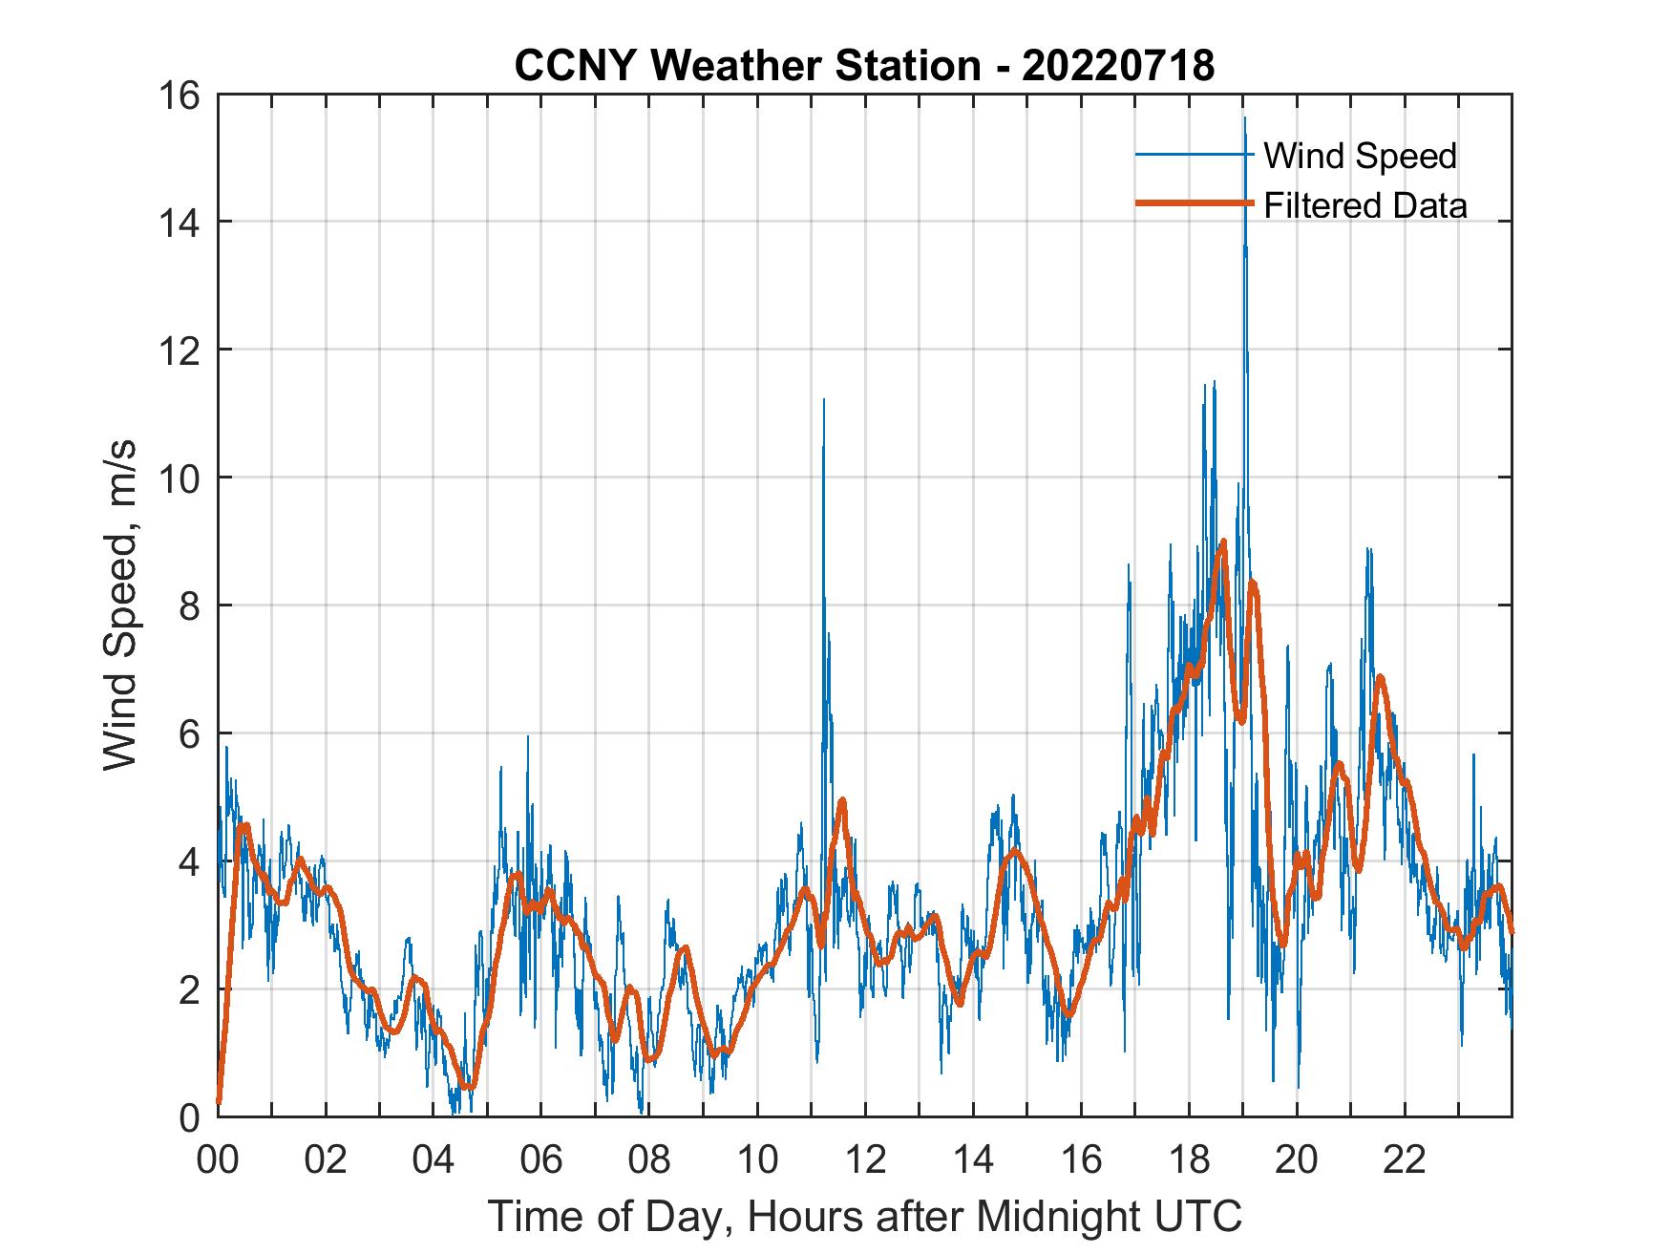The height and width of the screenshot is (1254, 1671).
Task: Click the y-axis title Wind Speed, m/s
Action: tap(120, 605)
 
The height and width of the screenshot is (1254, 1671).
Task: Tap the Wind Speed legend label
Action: tap(1360, 156)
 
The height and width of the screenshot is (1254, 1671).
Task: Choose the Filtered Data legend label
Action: tap(1364, 205)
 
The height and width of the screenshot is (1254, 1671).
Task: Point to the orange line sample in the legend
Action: tap(1194, 203)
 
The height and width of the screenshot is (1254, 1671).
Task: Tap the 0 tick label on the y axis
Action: tap(189, 1116)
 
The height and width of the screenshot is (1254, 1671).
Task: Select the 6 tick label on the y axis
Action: tap(189, 733)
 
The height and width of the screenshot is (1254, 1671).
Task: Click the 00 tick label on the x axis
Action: tap(218, 1160)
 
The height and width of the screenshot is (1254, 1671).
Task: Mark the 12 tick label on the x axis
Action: tap(865, 1160)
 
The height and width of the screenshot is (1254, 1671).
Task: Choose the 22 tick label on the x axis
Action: tap(1405, 1160)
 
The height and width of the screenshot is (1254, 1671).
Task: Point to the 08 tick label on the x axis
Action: tap(649, 1160)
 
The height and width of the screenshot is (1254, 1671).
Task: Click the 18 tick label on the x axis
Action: tap(1189, 1160)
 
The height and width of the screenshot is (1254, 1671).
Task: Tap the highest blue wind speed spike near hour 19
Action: tap(1244, 118)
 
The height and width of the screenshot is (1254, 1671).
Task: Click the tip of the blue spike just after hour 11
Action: tap(823, 400)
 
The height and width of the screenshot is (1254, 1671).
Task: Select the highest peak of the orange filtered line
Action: tap(1223, 542)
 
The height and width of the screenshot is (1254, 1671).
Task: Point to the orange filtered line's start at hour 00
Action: tap(219, 1102)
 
